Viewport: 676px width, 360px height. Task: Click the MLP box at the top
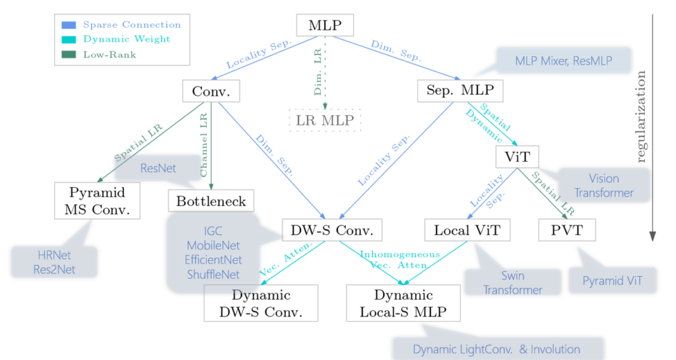pos(325,26)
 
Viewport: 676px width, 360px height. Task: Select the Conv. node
pos(211,91)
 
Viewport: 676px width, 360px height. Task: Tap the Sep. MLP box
pos(456,91)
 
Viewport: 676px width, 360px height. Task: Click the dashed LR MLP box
pos(325,120)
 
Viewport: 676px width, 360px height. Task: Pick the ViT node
pos(517,157)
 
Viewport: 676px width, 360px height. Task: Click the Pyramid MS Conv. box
pos(98,201)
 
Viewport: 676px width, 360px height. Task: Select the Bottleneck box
pos(211,201)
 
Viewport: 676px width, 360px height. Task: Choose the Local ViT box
pos(467,231)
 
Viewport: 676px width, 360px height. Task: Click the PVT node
pos(566,231)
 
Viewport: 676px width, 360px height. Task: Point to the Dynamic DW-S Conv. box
pos(261,303)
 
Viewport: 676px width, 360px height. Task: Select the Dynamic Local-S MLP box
pos(404,303)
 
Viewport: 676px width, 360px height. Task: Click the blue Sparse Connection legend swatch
pos(69,25)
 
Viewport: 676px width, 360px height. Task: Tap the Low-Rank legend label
pos(110,54)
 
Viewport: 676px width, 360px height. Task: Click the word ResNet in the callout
pos(158,168)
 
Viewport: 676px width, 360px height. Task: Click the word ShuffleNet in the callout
pos(213,273)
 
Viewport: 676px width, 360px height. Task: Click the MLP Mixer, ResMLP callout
pos(563,61)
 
